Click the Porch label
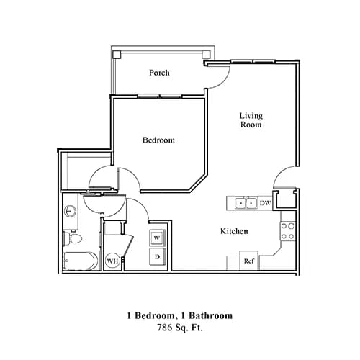(x=159, y=73)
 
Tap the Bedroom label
(x=159, y=140)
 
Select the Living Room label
(x=250, y=120)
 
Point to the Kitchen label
(x=234, y=231)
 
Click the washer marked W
(x=157, y=238)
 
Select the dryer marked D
(x=157, y=256)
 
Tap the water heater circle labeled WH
(x=113, y=261)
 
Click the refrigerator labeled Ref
(x=248, y=261)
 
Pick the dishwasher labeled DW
(x=265, y=204)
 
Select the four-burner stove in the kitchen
(x=288, y=230)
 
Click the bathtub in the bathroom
(x=78, y=261)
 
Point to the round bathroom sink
(x=71, y=211)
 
